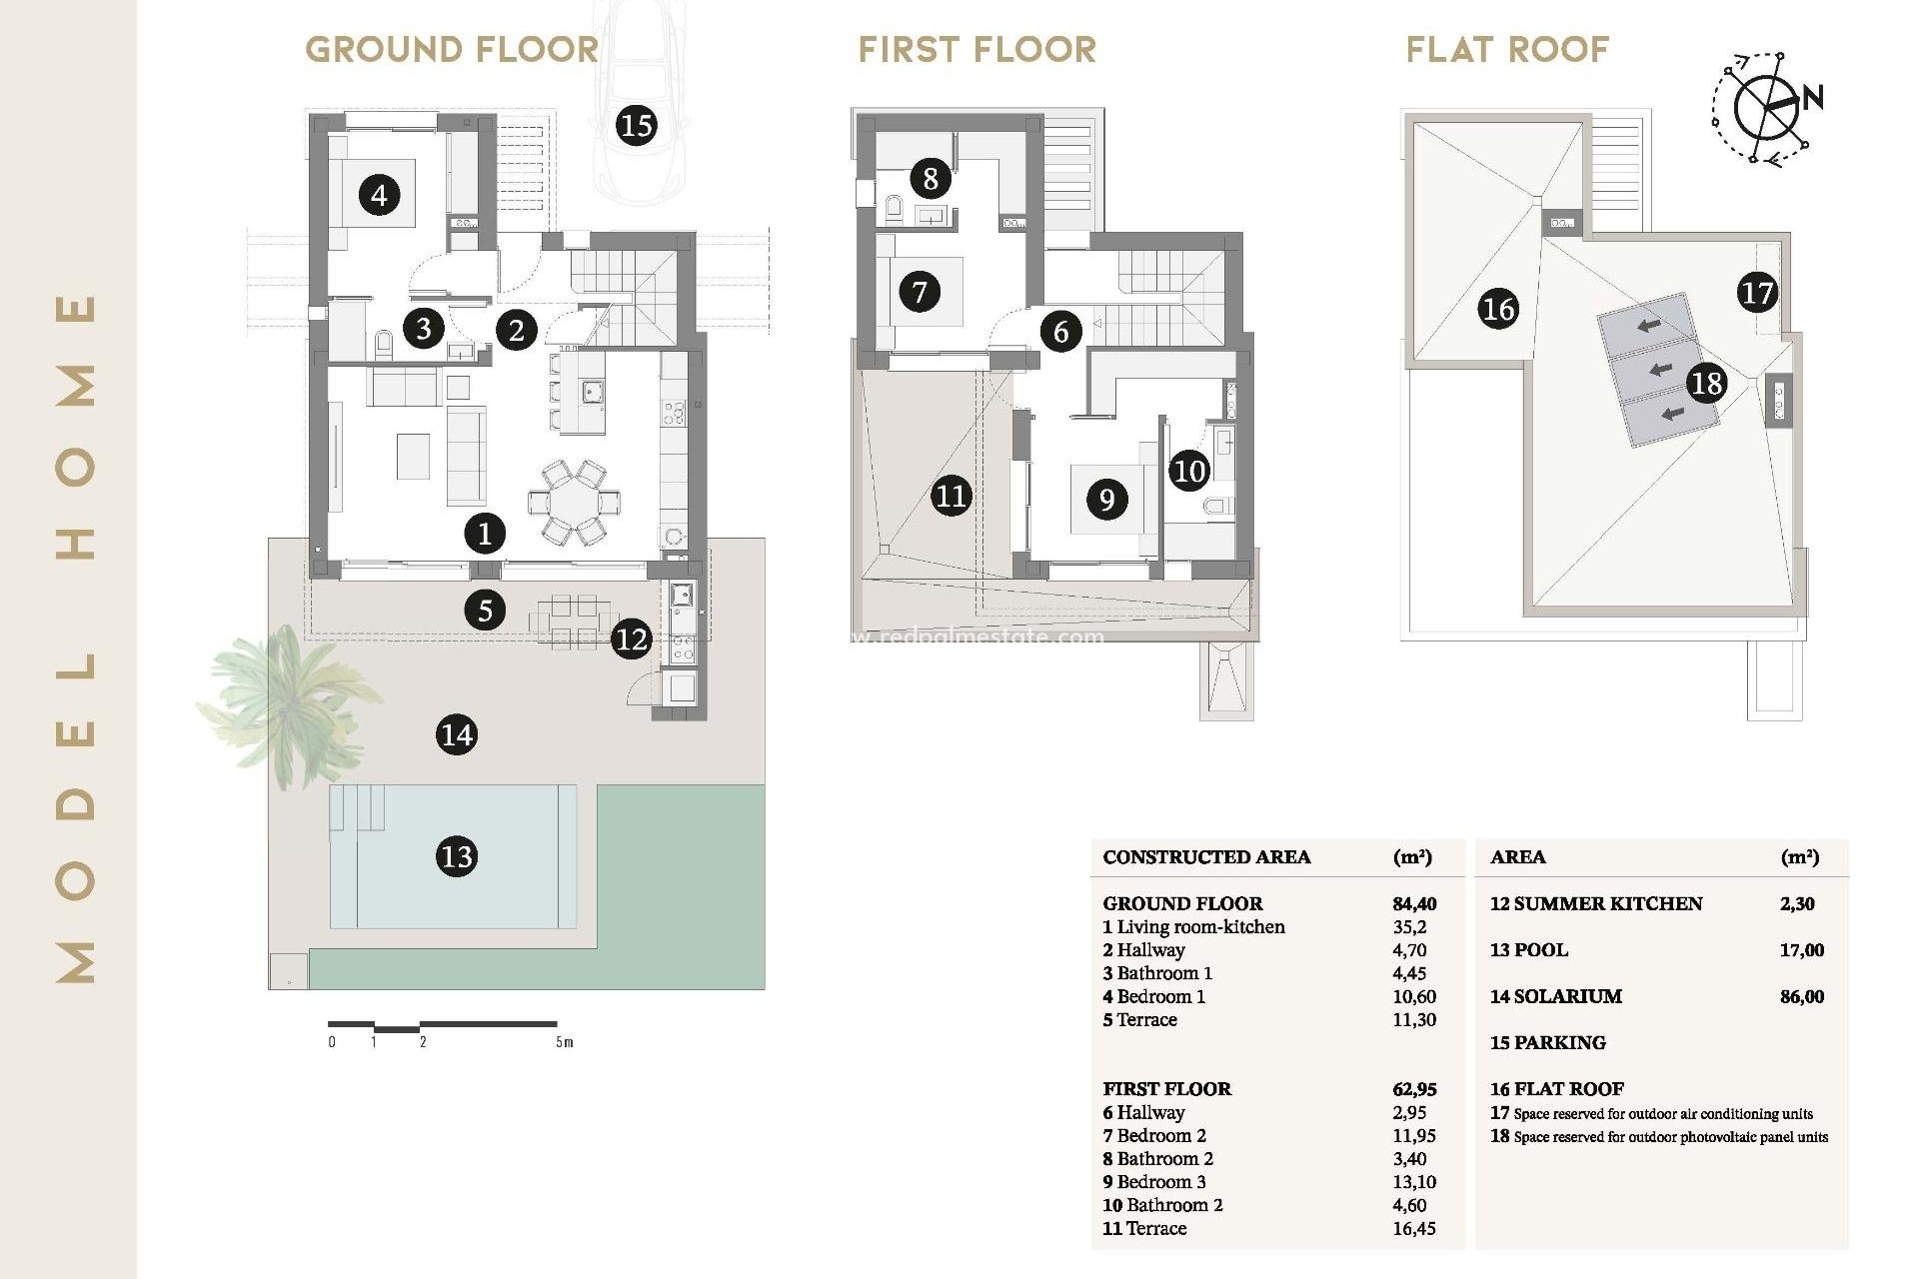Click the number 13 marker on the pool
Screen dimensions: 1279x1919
pyautogui.click(x=457, y=856)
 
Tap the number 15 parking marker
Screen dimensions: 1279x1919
pyautogui.click(x=636, y=125)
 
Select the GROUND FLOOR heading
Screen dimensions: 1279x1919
pyautogui.click(x=452, y=49)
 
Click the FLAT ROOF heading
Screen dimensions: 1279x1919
pyautogui.click(x=1507, y=49)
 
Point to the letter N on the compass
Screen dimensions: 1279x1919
pyautogui.click(x=1812, y=97)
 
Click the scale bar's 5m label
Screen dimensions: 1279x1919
pyautogui.click(x=565, y=1042)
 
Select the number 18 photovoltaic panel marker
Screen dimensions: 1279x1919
pyautogui.click(x=1706, y=383)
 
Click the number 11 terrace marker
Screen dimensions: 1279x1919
pyautogui.click(x=951, y=496)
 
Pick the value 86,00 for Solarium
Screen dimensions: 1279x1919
pyautogui.click(x=1801, y=996)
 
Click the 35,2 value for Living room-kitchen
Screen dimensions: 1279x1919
pyautogui.click(x=1409, y=926)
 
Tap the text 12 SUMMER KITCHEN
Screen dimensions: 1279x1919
pyautogui.click(x=1595, y=903)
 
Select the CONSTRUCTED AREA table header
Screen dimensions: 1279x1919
pyautogui.click(x=1206, y=856)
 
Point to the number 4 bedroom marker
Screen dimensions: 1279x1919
pyautogui.click(x=379, y=194)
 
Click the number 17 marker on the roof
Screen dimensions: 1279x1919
pyautogui.click(x=1757, y=293)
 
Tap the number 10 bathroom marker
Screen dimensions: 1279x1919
pyautogui.click(x=1189, y=471)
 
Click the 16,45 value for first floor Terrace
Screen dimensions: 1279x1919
pyautogui.click(x=1413, y=1228)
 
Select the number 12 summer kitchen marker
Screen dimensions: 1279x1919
pyautogui.click(x=632, y=639)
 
